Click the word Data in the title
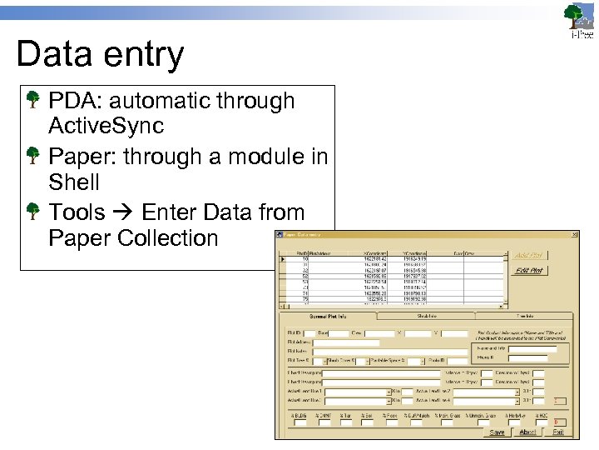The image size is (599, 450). (54, 55)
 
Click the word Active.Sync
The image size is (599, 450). (106, 127)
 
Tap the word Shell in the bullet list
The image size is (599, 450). (74, 182)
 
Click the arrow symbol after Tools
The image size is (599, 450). (123, 212)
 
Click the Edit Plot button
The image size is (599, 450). (529, 271)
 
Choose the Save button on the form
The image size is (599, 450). (497, 432)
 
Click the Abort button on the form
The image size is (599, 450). (527, 432)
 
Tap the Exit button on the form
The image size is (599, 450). (558, 432)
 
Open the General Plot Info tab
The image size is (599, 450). (328, 317)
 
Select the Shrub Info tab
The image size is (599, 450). (427, 317)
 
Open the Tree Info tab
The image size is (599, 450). (525, 317)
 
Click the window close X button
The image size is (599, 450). (572, 235)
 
